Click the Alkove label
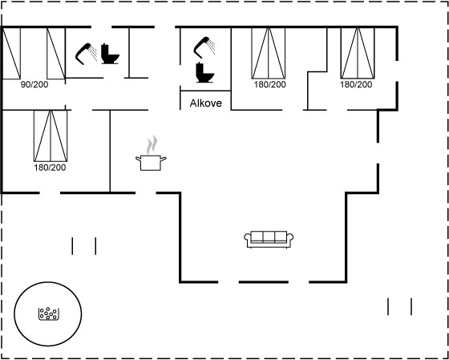point(205,103)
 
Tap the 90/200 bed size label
point(34,85)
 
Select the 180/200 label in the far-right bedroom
point(356,85)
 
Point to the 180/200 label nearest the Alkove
point(269,85)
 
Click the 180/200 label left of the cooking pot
point(50,168)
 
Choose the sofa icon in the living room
point(269,240)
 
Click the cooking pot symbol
point(151,163)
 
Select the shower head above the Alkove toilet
point(204,46)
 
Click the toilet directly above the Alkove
point(204,72)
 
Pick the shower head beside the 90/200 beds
point(87,54)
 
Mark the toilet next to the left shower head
point(110,54)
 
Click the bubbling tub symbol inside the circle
point(49,313)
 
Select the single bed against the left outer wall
point(11,53)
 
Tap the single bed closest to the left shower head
point(56,53)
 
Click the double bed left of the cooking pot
point(51,136)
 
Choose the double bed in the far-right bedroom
point(358,53)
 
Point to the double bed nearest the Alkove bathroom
point(269,53)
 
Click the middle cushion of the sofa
point(269,237)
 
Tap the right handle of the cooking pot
point(164,158)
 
